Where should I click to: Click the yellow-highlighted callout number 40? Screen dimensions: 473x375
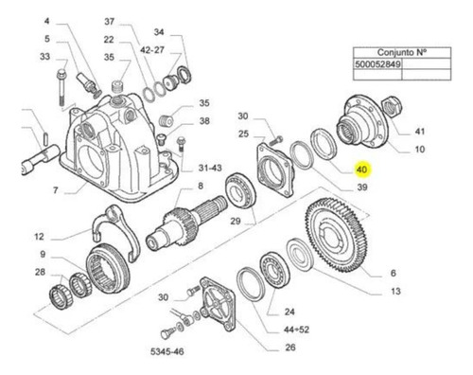point(362,170)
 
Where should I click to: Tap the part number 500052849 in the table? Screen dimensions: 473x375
point(377,64)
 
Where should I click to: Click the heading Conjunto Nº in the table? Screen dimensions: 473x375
point(402,52)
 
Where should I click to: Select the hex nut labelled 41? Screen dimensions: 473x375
point(392,106)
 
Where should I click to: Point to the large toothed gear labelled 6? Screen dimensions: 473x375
point(337,235)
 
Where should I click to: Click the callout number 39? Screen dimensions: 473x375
point(362,187)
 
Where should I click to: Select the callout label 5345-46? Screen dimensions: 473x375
point(167,351)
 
